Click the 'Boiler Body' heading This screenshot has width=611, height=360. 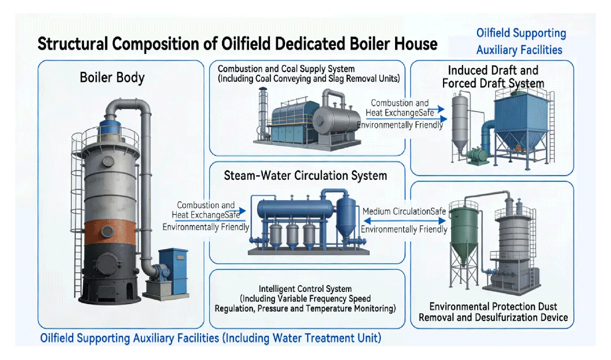(112, 78)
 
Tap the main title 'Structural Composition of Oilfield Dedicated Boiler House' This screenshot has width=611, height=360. (237, 44)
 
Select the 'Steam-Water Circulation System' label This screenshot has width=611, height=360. (305, 176)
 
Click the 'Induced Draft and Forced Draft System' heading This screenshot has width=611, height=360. (493, 76)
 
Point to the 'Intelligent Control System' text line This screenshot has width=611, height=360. (305, 289)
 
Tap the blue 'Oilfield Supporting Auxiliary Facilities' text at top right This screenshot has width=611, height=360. (521, 41)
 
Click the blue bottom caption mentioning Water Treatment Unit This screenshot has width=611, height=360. (210, 338)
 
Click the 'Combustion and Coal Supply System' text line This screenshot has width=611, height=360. (286, 69)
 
